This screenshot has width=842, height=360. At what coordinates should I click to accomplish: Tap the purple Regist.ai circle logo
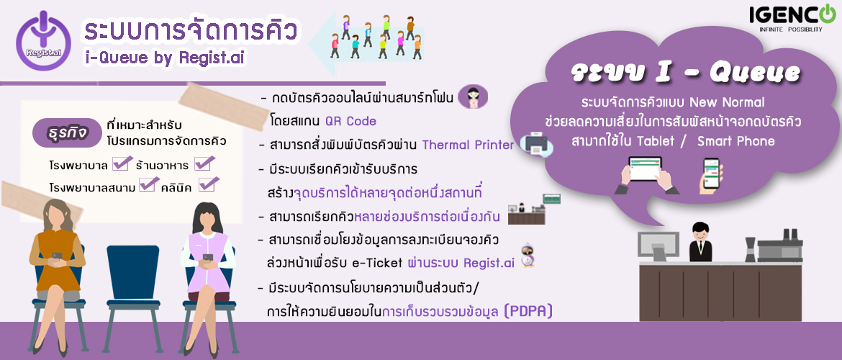tap(43, 40)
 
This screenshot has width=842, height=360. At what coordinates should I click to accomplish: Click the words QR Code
tap(350, 121)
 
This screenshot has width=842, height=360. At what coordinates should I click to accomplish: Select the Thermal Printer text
tap(468, 145)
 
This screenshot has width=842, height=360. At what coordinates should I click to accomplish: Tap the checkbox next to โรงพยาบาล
tap(122, 162)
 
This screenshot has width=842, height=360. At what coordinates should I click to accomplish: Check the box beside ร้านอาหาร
tap(204, 162)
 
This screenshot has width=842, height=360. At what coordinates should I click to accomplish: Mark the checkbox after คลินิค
tap(209, 184)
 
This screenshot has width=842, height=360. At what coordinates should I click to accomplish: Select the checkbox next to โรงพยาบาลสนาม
tap(149, 184)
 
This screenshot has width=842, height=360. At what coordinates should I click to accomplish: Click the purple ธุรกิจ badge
tap(67, 132)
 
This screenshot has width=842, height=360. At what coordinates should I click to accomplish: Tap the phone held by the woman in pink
tap(208, 258)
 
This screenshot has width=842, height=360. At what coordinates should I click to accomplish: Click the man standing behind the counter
tap(700, 241)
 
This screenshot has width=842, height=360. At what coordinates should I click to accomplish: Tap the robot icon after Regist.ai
tap(526, 255)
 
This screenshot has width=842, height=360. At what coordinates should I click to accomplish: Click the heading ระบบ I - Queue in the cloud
tap(685, 73)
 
